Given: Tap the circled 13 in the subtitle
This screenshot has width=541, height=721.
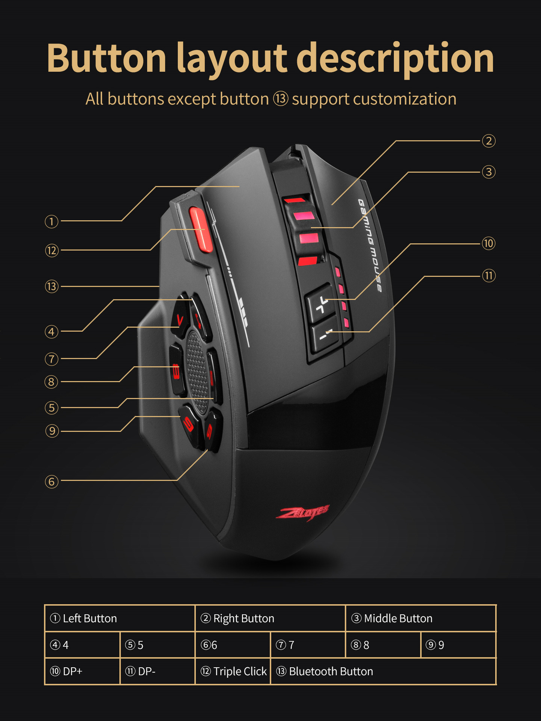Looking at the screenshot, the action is coord(280,99).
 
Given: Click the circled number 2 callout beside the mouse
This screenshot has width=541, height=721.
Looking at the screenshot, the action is coord(488,141).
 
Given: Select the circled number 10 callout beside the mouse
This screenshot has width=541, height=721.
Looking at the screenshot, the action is coord(488,243).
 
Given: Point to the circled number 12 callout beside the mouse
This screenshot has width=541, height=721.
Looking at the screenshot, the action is coord(52,250).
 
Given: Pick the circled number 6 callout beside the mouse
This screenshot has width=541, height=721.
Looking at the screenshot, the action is coord(52,481).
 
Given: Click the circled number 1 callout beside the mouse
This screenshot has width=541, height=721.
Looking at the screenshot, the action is coord(52,222).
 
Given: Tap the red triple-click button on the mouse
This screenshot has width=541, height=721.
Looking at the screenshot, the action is coord(201,229).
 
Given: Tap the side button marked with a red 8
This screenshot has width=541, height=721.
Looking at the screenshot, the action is coord(176,370).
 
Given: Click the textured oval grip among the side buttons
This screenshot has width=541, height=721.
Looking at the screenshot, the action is coord(197,372).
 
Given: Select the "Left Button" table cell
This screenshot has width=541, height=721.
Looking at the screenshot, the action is coord(120,618).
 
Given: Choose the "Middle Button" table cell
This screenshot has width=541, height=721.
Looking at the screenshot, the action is coord(421,618).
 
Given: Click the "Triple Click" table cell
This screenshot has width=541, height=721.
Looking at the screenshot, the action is coord(233,671).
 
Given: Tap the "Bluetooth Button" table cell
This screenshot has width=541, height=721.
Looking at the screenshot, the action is coord(383,671).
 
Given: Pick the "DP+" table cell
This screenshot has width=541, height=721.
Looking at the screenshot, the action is coord(82,671).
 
